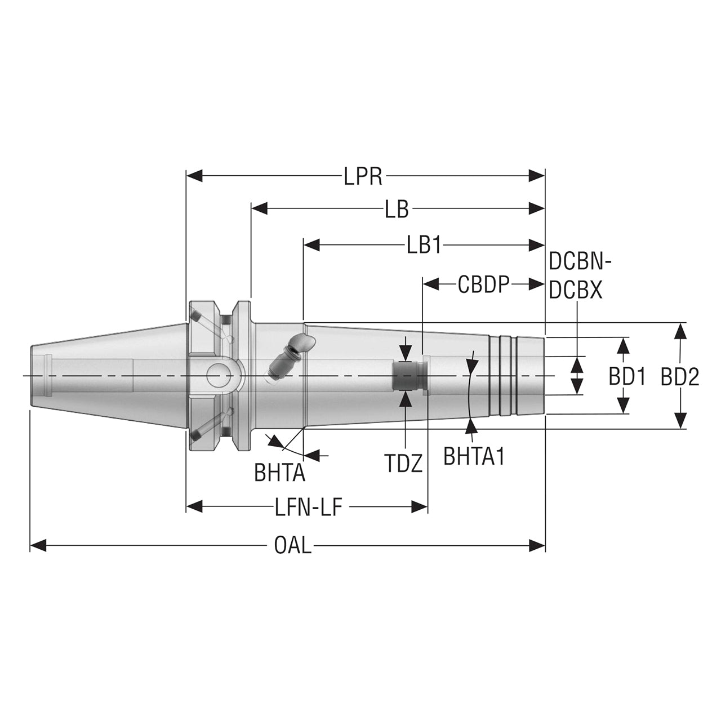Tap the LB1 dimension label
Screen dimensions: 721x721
tap(424, 245)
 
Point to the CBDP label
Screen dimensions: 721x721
tap(483, 284)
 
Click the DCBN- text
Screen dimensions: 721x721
tap(580, 261)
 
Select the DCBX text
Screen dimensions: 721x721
tap(576, 291)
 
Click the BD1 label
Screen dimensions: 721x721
tap(626, 377)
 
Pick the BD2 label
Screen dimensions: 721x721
tap(680, 377)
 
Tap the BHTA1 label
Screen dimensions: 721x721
tap(473, 456)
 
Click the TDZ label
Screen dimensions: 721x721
tap(403, 463)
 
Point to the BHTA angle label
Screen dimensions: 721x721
tap(279, 473)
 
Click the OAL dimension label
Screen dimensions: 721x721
tap(292, 545)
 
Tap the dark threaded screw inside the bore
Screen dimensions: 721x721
tap(406, 376)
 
